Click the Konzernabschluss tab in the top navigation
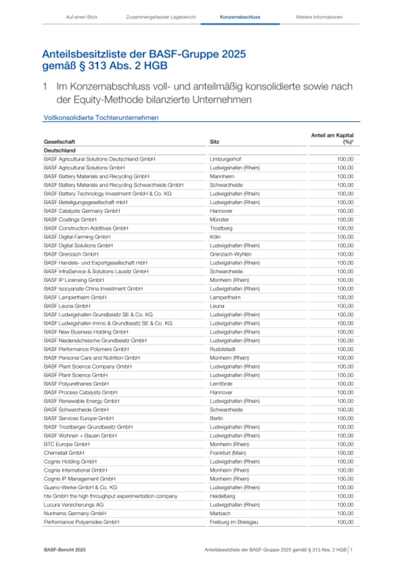[240, 17]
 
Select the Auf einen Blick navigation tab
[82, 17]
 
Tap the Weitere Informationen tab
[319, 17]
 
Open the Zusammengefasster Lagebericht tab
[161, 17]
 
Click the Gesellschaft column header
[59, 142]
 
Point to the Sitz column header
[214, 142]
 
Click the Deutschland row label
[60, 150]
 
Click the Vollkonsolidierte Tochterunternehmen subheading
[101, 118]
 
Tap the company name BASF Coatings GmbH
[70, 219]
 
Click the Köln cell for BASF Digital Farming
[215, 237]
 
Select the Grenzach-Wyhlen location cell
[230, 254]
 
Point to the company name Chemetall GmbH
[64, 453]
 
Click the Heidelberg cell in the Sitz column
[222, 496]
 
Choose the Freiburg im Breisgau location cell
[234, 522]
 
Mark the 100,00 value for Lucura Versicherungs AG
[345, 504]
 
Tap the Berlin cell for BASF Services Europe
[216, 418]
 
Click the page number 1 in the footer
[351, 550]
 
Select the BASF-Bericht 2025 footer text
[65, 550]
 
